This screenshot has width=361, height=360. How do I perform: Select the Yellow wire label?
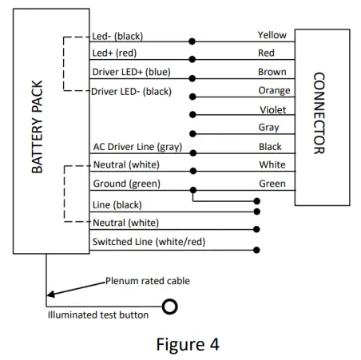point(272,35)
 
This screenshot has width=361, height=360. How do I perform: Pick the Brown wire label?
point(272,72)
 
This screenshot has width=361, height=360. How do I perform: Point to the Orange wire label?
point(273,90)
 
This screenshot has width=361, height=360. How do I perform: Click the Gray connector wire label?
point(268,127)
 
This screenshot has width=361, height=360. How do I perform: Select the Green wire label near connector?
point(272,183)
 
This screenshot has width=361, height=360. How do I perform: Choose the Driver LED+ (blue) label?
point(132,73)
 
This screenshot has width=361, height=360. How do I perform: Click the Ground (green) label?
point(125,184)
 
